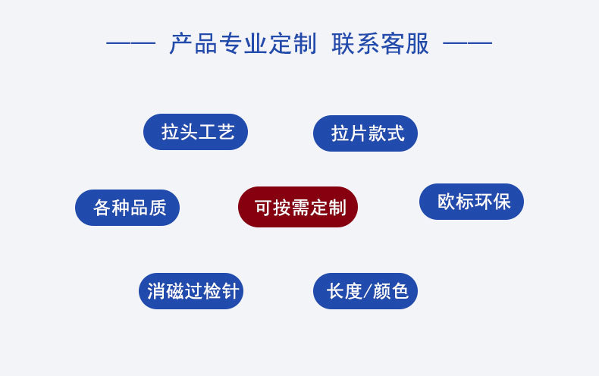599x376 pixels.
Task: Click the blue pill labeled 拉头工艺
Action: pos(196,132)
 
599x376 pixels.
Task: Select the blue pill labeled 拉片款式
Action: pos(365,133)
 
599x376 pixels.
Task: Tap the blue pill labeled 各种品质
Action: pos(127,208)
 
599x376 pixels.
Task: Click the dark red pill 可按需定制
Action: pos(298,207)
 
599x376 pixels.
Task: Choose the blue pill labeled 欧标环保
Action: pos(472,202)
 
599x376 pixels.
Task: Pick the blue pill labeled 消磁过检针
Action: pos(191,291)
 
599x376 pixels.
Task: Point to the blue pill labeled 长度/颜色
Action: pos(365,291)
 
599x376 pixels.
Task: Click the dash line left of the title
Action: pos(130,44)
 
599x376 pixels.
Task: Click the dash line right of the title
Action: pos(467,44)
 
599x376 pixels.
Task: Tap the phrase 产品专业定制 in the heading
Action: pos(243,44)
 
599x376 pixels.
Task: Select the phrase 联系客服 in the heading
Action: pos(381,44)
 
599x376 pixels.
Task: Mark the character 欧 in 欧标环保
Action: pos(447,202)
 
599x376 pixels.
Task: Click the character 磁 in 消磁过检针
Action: pos(174,291)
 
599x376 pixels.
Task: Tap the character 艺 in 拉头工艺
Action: pos(226,133)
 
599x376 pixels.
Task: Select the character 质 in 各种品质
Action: pos(158,208)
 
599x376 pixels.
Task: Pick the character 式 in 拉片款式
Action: pos(396,134)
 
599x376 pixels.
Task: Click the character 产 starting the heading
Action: pos(180,44)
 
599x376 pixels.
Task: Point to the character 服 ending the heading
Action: pos(418,44)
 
